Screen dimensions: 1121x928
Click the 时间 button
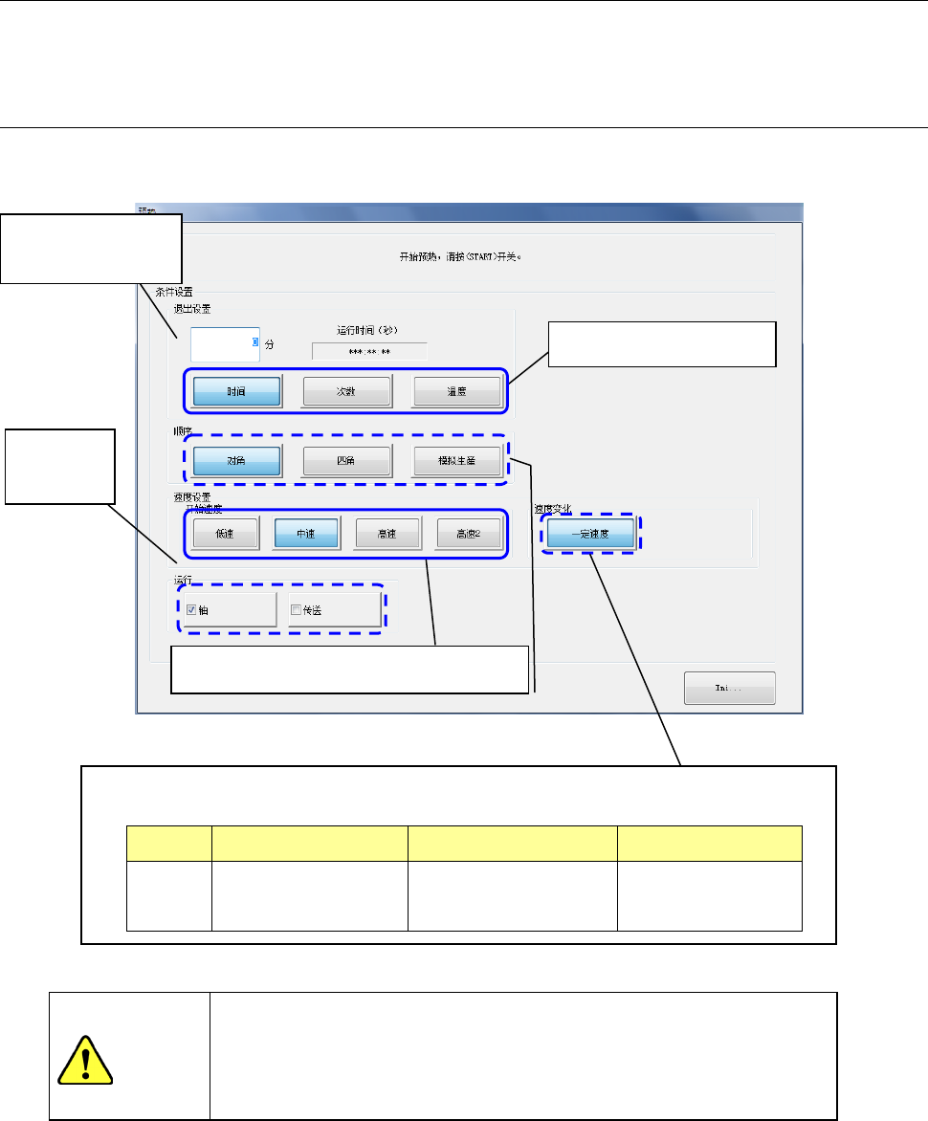click(x=236, y=391)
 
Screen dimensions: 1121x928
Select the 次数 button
click(x=346, y=391)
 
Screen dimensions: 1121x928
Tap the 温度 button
click(x=456, y=391)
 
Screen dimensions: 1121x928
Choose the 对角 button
click(x=236, y=461)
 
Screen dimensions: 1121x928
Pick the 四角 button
click(x=346, y=461)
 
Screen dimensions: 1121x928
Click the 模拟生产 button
click(x=456, y=461)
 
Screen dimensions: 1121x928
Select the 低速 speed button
click(x=226, y=533)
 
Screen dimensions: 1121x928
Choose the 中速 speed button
click(x=306, y=533)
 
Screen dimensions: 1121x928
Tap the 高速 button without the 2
click(x=387, y=533)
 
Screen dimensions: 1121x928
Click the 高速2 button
click(x=469, y=533)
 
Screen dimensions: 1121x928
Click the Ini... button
click(x=729, y=689)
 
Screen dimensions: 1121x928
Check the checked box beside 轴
click(x=191, y=609)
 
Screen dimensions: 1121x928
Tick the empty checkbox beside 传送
click(x=296, y=609)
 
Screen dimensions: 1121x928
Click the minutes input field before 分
click(x=223, y=343)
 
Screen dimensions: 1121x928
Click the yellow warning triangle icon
click(x=84, y=1060)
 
